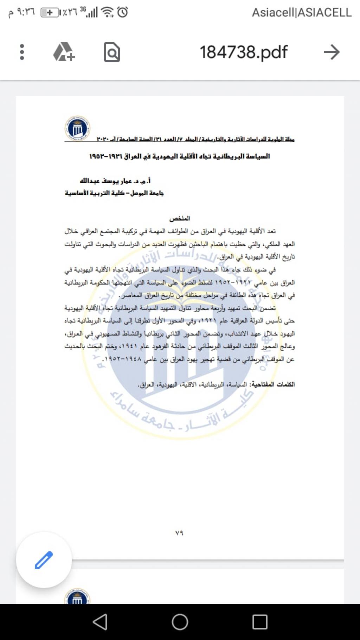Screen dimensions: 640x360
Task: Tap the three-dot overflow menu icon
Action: pos(22,52)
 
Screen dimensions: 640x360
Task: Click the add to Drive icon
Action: pos(64,52)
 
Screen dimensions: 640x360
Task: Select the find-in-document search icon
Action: pos(112,52)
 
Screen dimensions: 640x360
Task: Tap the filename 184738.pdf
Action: pos(244,52)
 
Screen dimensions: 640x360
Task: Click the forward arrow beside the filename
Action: pos(332,52)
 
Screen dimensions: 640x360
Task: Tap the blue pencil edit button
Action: pos(44,560)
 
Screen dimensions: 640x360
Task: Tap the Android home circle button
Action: pos(180,622)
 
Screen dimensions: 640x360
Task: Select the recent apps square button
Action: pos(260,622)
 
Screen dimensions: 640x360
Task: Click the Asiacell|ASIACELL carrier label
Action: pos(302,13)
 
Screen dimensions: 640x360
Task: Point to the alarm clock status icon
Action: pos(123,12)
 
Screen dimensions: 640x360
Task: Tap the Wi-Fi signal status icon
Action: pos(107,12)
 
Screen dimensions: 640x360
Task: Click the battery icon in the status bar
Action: pos(49,13)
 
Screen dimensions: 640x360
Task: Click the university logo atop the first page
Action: pos(77,128)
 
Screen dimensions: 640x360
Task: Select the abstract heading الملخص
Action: pos(180,218)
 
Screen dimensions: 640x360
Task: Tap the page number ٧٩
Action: pos(179,533)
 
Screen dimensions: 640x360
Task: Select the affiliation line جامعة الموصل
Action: pos(114,193)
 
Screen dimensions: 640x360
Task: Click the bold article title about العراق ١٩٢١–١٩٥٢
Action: pos(180,156)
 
